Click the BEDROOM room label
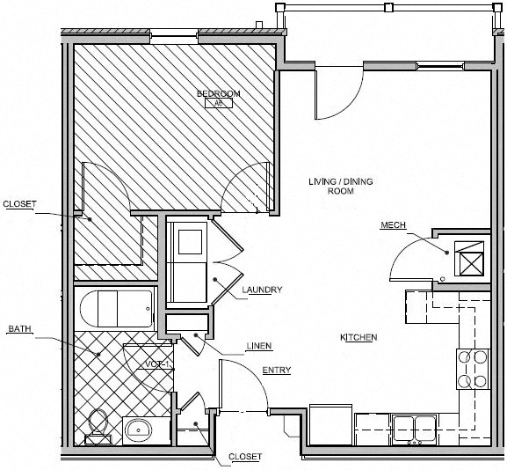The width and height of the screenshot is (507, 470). coord(218,93)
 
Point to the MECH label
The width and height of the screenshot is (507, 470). coord(392,225)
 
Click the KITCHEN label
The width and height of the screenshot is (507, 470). coord(359,337)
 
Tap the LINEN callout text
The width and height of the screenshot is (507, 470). coord(259,345)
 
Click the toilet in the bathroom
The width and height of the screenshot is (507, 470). coord(97,425)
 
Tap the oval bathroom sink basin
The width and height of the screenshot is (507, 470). coord(137,431)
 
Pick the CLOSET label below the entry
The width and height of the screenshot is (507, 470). coord(244,457)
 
